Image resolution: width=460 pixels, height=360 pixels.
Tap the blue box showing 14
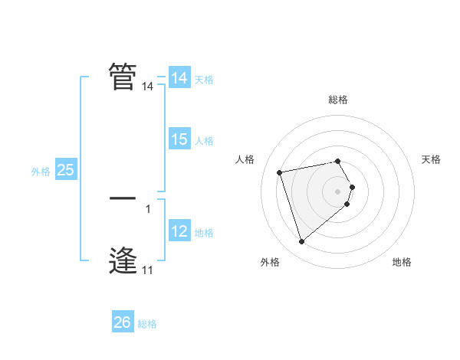coord(179,77)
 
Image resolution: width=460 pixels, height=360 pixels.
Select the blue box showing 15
coord(179,139)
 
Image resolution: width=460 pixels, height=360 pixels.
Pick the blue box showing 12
coord(179,231)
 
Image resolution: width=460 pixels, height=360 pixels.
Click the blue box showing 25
coord(65,170)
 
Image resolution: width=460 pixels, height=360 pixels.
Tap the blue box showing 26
coord(122,322)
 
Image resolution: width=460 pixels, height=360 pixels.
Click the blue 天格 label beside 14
coord(204,79)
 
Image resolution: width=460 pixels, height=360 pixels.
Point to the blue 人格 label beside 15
coord(204,141)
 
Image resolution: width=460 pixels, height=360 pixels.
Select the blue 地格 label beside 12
coord(204,233)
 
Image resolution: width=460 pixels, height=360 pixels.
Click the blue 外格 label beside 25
coord(41,172)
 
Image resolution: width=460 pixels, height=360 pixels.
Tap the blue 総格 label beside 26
coord(147,324)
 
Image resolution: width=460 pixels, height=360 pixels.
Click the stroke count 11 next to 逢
coord(147,270)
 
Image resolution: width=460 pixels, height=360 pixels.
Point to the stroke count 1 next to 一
coord(148,208)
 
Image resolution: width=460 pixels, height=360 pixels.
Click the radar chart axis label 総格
coord(338,100)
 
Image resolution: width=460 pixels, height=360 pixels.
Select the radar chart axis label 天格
coord(431,159)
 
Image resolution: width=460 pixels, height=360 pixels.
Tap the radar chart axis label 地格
coord(402,262)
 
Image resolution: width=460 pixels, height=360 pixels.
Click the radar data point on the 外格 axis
coord(302,242)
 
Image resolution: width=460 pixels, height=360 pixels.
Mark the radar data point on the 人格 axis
coord(280,172)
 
